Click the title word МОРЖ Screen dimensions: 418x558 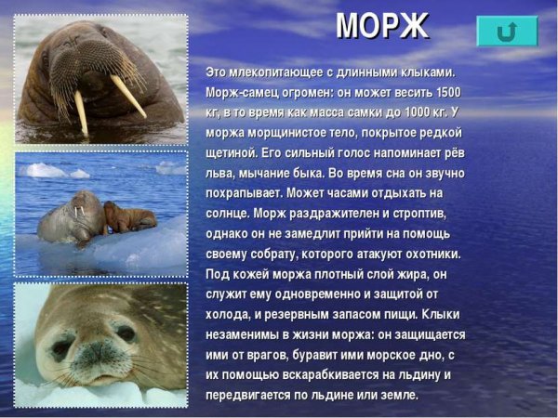(381, 26)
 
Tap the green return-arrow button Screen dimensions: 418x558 (507, 31)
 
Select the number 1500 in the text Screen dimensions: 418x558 (447, 92)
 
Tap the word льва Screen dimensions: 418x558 (219, 173)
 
